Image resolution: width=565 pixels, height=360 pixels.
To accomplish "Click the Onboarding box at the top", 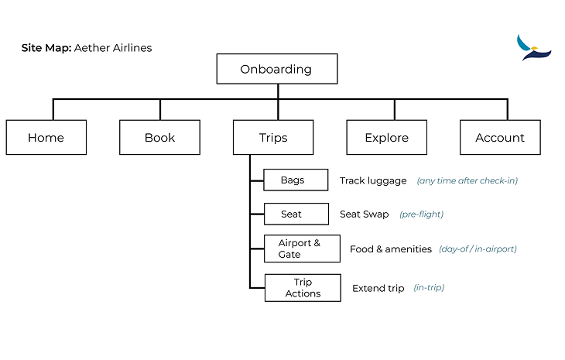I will (276, 69).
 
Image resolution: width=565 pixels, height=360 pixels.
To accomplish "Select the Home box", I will (46, 138).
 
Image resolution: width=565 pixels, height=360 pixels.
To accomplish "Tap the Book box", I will (159, 138).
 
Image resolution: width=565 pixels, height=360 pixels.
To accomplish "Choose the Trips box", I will (273, 138).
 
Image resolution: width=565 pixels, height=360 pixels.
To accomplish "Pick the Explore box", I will (386, 138).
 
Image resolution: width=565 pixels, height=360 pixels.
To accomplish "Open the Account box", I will (500, 138).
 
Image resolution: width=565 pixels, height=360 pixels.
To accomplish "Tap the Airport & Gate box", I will (302, 249).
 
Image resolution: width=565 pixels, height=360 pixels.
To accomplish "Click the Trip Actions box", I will (303, 288).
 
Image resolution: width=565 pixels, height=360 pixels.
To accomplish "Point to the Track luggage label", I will (373, 180).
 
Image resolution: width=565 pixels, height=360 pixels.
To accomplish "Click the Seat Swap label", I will (364, 214).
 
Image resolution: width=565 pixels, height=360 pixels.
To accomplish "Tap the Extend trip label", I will (378, 288).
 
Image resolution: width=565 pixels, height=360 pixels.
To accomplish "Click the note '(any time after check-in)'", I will (467, 180).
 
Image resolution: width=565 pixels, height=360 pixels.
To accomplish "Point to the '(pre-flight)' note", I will (421, 214).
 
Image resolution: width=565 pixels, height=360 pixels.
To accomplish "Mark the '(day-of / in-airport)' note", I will (478, 249).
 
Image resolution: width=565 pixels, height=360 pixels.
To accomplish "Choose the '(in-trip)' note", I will (429, 288).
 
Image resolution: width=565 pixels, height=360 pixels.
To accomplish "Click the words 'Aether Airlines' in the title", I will (113, 48).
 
